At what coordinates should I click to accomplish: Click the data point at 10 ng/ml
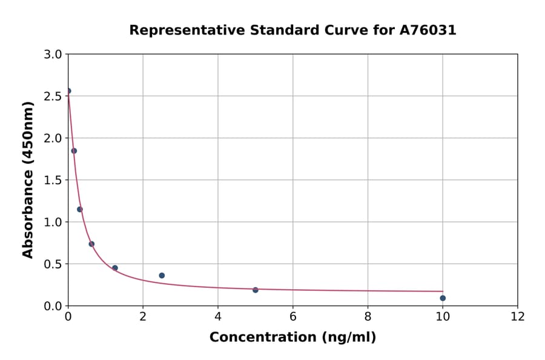443,298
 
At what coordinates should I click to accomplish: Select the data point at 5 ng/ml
256,290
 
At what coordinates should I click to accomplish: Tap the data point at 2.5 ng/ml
162,276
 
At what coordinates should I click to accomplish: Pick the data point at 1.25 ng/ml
115,268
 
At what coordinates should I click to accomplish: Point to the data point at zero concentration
68,91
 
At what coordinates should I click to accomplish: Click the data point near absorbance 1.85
74,151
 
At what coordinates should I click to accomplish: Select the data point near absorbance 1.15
80,210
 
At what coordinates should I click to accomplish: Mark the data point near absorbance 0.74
91,244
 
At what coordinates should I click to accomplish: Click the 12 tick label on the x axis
518,316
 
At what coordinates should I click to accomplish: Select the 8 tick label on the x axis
368,316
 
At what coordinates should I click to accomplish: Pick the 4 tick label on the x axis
218,316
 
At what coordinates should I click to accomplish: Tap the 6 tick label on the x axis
293,316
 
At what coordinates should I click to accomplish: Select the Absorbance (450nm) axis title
28,179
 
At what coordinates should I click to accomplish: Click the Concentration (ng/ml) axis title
292,338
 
